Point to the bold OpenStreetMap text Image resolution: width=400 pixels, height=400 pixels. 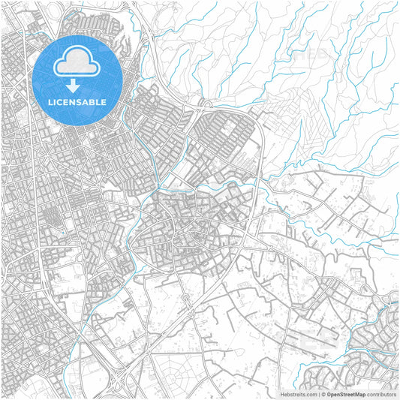(346, 393)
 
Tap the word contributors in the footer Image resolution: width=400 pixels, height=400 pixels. (381, 393)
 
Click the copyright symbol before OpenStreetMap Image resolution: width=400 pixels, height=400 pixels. (323, 393)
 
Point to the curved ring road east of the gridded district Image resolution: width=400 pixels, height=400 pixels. (259, 150)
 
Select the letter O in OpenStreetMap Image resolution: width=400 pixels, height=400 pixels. (329, 393)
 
